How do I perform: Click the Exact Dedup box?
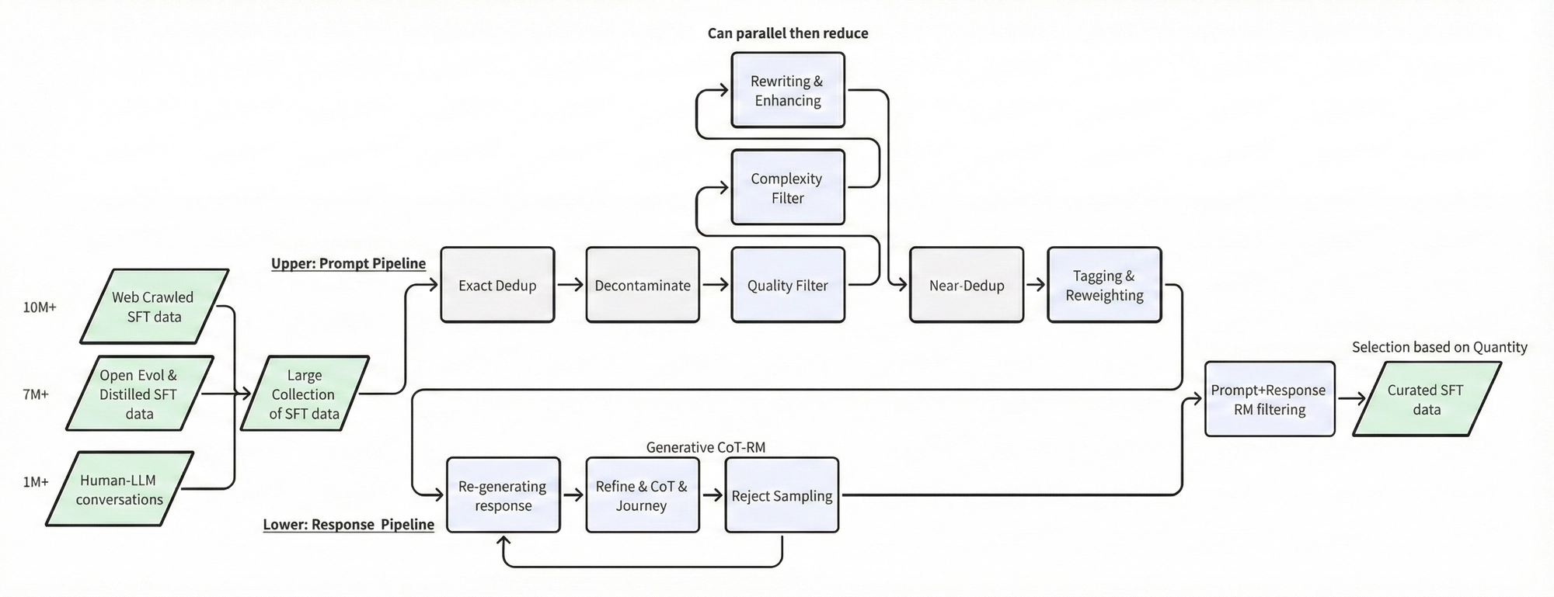click(497, 285)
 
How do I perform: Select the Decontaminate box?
click(643, 285)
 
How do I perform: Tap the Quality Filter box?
click(787, 285)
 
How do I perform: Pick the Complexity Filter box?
click(787, 188)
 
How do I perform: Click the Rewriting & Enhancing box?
click(787, 91)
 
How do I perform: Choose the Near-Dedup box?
click(966, 285)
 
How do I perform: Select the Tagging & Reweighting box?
click(1104, 285)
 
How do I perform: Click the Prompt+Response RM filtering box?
click(1269, 399)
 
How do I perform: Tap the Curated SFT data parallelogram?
click(1426, 399)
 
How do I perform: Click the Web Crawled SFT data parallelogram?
click(154, 307)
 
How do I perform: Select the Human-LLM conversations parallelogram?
click(120, 489)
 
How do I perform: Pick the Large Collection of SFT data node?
click(304, 394)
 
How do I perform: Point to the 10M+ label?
click(40, 307)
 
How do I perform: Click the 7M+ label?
click(36, 394)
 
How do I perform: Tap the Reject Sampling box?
click(782, 495)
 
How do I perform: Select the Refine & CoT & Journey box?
click(642, 495)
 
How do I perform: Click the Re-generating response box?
click(503, 495)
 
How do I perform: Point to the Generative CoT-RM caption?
click(706, 447)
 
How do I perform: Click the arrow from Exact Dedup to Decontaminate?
click(570, 285)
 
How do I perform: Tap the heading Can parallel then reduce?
click(787, 33)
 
